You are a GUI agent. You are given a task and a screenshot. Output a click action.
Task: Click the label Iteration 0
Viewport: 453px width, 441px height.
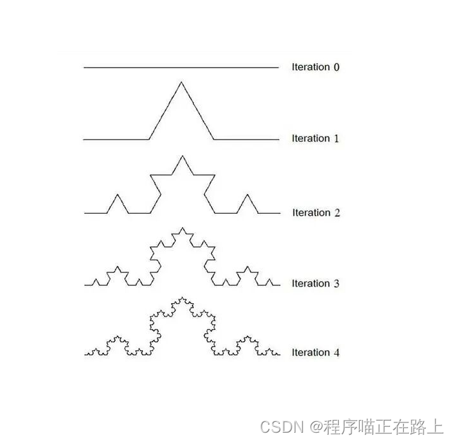[315, 67]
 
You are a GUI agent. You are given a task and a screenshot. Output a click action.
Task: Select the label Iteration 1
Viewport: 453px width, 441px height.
[315, 138]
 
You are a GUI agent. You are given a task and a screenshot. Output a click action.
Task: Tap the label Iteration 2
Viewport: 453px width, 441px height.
[316, 213]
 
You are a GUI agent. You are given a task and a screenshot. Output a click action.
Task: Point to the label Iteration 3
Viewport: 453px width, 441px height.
[315, 283]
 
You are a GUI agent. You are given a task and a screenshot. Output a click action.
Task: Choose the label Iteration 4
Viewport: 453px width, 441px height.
[315, 352]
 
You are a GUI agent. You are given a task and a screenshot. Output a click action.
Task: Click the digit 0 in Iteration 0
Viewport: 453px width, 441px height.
[336, 67]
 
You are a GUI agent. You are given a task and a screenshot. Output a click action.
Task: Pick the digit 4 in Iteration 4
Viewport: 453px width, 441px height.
[336, 352]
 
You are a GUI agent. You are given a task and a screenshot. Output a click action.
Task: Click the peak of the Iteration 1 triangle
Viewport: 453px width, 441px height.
[182, 82]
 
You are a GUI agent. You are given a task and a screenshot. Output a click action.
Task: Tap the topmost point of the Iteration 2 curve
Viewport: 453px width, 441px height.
[182, 155]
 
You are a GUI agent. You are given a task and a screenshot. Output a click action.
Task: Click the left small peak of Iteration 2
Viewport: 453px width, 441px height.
[117, 194]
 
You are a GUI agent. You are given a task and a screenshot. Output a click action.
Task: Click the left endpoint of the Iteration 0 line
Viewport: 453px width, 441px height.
[84, 67]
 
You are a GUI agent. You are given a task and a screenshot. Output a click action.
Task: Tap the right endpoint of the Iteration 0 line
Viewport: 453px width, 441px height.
[279, 67]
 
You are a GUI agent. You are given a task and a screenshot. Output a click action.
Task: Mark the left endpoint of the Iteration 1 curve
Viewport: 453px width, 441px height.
[84, 138]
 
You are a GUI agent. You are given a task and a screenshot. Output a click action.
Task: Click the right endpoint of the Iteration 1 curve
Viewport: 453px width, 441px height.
[279, 138]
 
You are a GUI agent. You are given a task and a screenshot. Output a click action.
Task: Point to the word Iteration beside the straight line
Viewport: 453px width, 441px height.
[311, 67]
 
